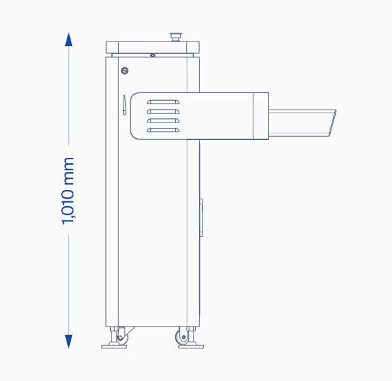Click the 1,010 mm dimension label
pos(68,190)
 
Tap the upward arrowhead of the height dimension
pos(69,39)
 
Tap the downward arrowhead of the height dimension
pos(69,341)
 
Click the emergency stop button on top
pos(175,37)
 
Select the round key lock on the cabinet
pos(124,71)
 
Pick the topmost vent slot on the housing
pos(163,102)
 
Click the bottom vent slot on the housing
pos(163,130)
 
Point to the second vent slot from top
pos(163,111)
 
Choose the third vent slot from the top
pos(163,120)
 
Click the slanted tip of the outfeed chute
pos(332,123)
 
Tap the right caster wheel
pos(181,337)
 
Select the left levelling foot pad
pos(114,346)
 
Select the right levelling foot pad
pos(191,346)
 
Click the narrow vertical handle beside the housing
pos(124,105)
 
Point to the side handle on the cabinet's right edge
pos(201,218)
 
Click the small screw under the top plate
pos(152,55)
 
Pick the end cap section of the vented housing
pos(261,116)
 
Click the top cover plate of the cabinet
pos(152,48)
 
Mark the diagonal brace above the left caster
pos(129,331)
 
